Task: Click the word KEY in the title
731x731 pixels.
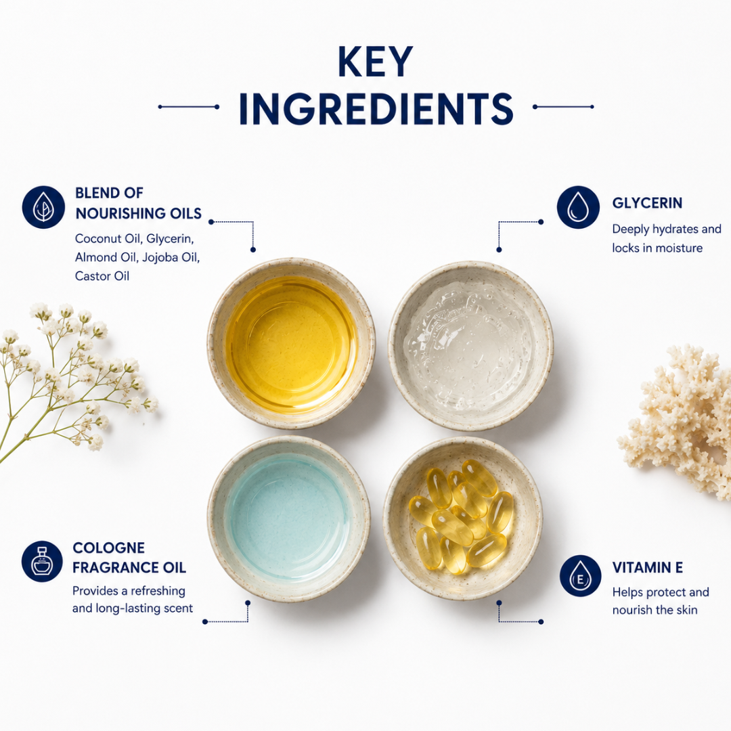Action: point(375,62)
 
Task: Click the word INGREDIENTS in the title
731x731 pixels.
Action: point(376,108)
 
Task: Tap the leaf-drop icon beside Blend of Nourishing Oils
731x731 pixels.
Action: point(43,207)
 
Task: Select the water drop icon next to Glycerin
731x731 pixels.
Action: point(578,207)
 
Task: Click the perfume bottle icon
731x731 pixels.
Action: point(43,561)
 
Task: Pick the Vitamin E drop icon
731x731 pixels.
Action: point(581,576)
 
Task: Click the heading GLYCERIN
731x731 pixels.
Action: point(647,203)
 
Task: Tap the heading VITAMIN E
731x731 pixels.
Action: point(648,567)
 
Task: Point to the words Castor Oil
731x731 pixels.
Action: point(102,276)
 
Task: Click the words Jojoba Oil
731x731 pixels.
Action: point(171,257)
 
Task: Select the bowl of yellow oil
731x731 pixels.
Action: point(291,343)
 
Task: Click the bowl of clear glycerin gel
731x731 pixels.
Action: point(471,345)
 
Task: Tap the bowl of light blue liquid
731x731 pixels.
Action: point(289,518)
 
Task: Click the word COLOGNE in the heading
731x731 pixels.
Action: point(108,548)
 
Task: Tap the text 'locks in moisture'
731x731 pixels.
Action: point(657,248)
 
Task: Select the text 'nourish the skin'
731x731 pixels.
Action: point(655,610)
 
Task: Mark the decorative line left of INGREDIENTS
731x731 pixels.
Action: point(189,107)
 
